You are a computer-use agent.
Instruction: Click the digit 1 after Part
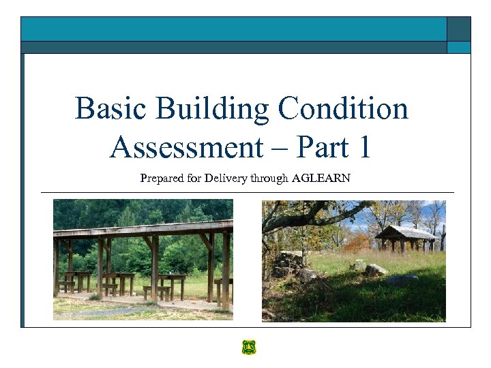pyautogui.click(x=361, y=147)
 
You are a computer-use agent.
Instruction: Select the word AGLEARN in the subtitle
pyautogui.click(x=321, y=179)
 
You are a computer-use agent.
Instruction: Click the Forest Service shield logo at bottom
pyautogui.click(x=248, y=348)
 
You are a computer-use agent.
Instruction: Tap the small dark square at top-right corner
pyautogui.click(x=458, y=29)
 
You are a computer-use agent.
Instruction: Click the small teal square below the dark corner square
pyautogui.click(x=458, y=47)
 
